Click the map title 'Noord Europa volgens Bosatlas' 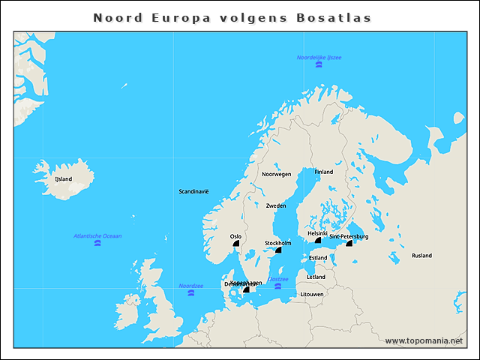tap(232, 17)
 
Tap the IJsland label tap(64, 179)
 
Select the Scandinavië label tap(193, 191)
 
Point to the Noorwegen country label tap(276, 174)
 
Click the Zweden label tap(276, 205)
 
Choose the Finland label tap(323, 172)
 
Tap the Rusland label tap(421, 256)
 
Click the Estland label tap(318, 258)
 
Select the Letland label tap(316, 277)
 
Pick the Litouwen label tap(312, 295)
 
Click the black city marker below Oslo tap(236, 243)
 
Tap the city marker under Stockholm tap(277, 250)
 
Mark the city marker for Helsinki tap(317, 241)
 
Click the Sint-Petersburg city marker tap(349, 243)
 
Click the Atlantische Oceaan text tap(97, 236)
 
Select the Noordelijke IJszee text tap(319, 57)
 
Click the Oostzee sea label tap(278, 279)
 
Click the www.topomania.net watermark tap(424, 340)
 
